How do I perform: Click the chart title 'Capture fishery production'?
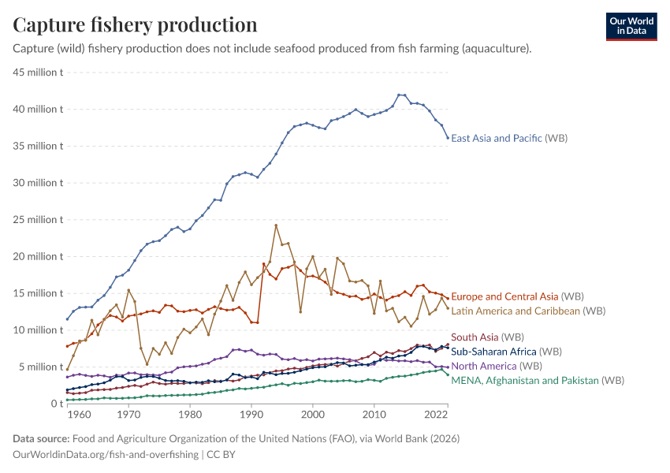tap(135, 24)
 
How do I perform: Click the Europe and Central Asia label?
tap(504, 296)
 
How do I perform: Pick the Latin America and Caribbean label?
tap(516, 311)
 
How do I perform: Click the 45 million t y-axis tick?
tap(39, 73)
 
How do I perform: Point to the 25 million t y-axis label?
tap(39, 220)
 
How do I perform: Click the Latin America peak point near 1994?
tap(276, 225)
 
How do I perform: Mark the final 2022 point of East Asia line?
tap(449, 138)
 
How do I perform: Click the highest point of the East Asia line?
tap(399, 95)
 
